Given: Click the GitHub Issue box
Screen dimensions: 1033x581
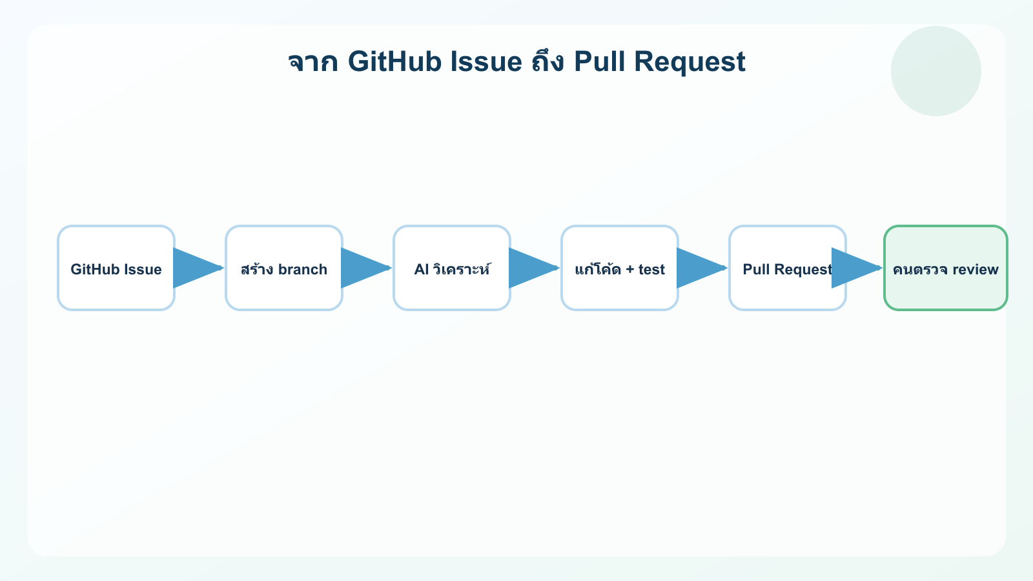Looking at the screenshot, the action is click(x=116, y=268).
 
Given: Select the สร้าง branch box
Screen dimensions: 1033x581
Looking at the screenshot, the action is click(x=284, y=268).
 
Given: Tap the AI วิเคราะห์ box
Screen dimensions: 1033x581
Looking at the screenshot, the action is click(x=452, y=268).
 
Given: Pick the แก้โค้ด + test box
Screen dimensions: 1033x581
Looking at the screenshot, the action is click(x=620, y=268).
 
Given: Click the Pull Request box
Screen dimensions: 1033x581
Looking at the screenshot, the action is click(x=788, y=268).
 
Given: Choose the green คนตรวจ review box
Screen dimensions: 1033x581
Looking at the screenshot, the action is click(x=946, y=268).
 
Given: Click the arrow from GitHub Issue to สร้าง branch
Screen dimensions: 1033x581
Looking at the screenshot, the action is click(x=198, y=268).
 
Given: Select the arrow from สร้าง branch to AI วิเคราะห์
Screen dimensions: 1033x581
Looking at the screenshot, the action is click(x=366, y=268).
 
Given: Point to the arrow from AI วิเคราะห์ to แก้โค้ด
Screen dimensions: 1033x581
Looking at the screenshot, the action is click(x=534, y=268).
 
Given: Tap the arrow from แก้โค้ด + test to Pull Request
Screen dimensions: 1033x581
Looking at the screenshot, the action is click(x=702, y=268).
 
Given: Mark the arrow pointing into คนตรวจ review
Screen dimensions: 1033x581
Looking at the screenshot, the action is click(x=857, y=268).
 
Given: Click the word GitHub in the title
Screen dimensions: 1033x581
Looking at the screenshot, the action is click(x=394, y=62).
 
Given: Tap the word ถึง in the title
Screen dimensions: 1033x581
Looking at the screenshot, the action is click(x=548, y=62).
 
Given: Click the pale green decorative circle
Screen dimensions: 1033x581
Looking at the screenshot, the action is click(x=936, y=71).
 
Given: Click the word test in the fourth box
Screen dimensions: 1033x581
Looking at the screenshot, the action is click(x=651, y=269).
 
